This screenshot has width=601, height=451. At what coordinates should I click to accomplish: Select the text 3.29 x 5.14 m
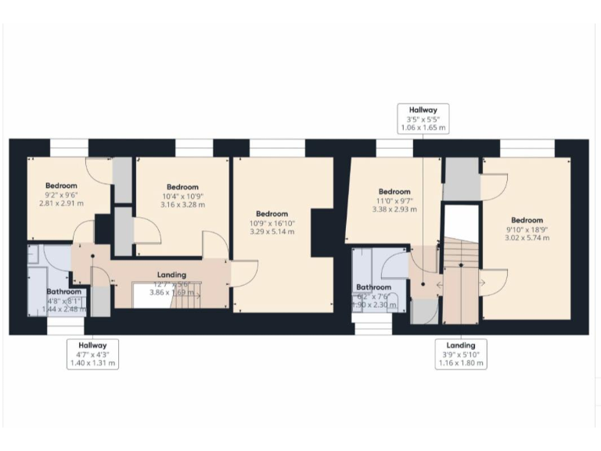pos(272,232)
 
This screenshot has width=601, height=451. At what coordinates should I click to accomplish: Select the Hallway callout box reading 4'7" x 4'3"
pos(92,354)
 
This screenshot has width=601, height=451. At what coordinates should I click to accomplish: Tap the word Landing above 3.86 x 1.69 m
pos(171,275)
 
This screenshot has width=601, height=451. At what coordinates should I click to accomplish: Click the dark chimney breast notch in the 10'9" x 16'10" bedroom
pos(323,233)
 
